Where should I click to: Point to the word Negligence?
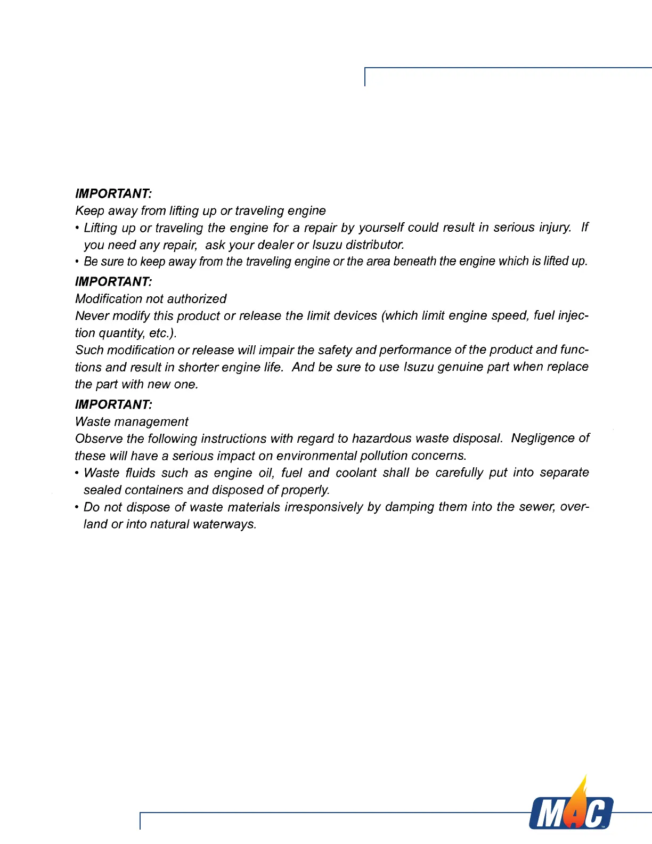[x=543, y=438]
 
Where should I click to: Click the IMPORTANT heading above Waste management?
[x=113, y=404]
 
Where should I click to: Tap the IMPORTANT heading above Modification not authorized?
[x=113, y=281]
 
